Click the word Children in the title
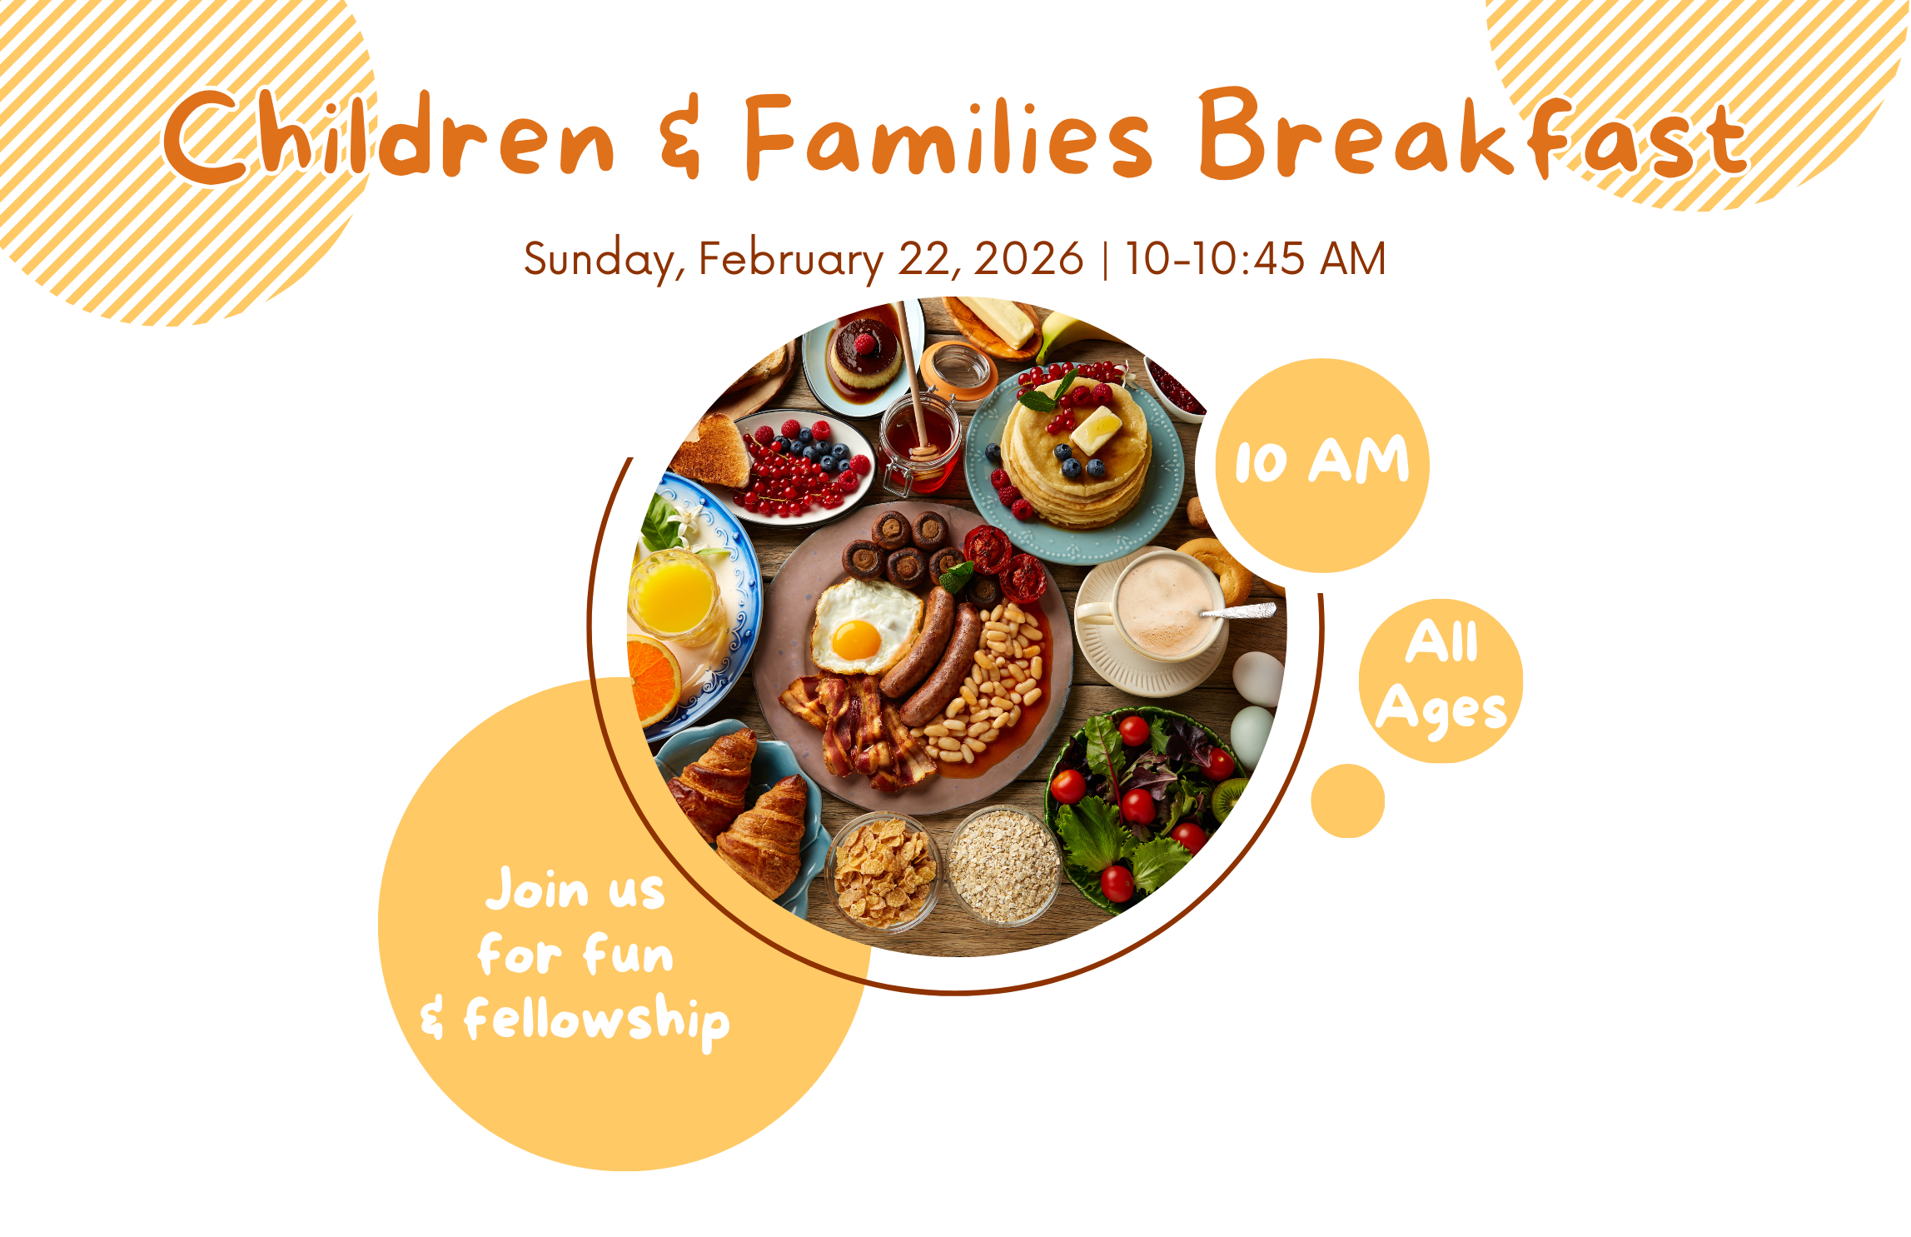click(x=387, y=137)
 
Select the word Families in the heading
click(x=949, y=137)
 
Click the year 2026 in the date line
click(x=1028, y=259)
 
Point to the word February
click(x=790, y=259)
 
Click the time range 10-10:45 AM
click(x=1255, y=259)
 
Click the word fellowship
click(x=596, y=1020)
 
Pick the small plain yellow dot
click(x=1347, y=801)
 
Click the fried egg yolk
click(x=856, y=640)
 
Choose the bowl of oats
click(x=1004, y=866)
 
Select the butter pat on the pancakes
click(x=1097, y=428)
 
